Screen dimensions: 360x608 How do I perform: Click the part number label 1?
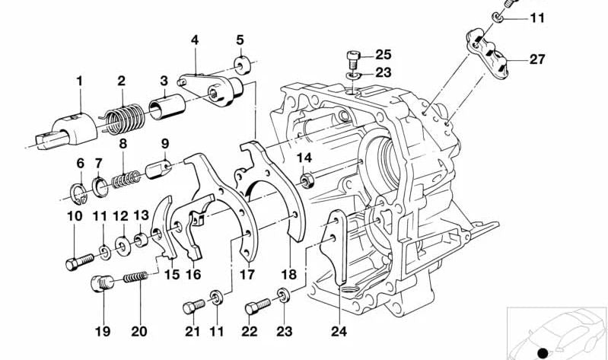pos(78,81)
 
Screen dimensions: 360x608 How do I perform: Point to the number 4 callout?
pos(195,40)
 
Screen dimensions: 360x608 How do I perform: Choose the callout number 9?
pos(164,143)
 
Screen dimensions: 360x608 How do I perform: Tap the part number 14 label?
pos(304,158)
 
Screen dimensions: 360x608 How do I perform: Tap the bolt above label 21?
pos(191,308)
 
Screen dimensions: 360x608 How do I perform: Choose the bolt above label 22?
pos(253,308)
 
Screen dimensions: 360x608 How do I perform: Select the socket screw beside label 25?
pos(352,56)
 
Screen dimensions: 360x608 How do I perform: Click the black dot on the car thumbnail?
pos(542,352)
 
